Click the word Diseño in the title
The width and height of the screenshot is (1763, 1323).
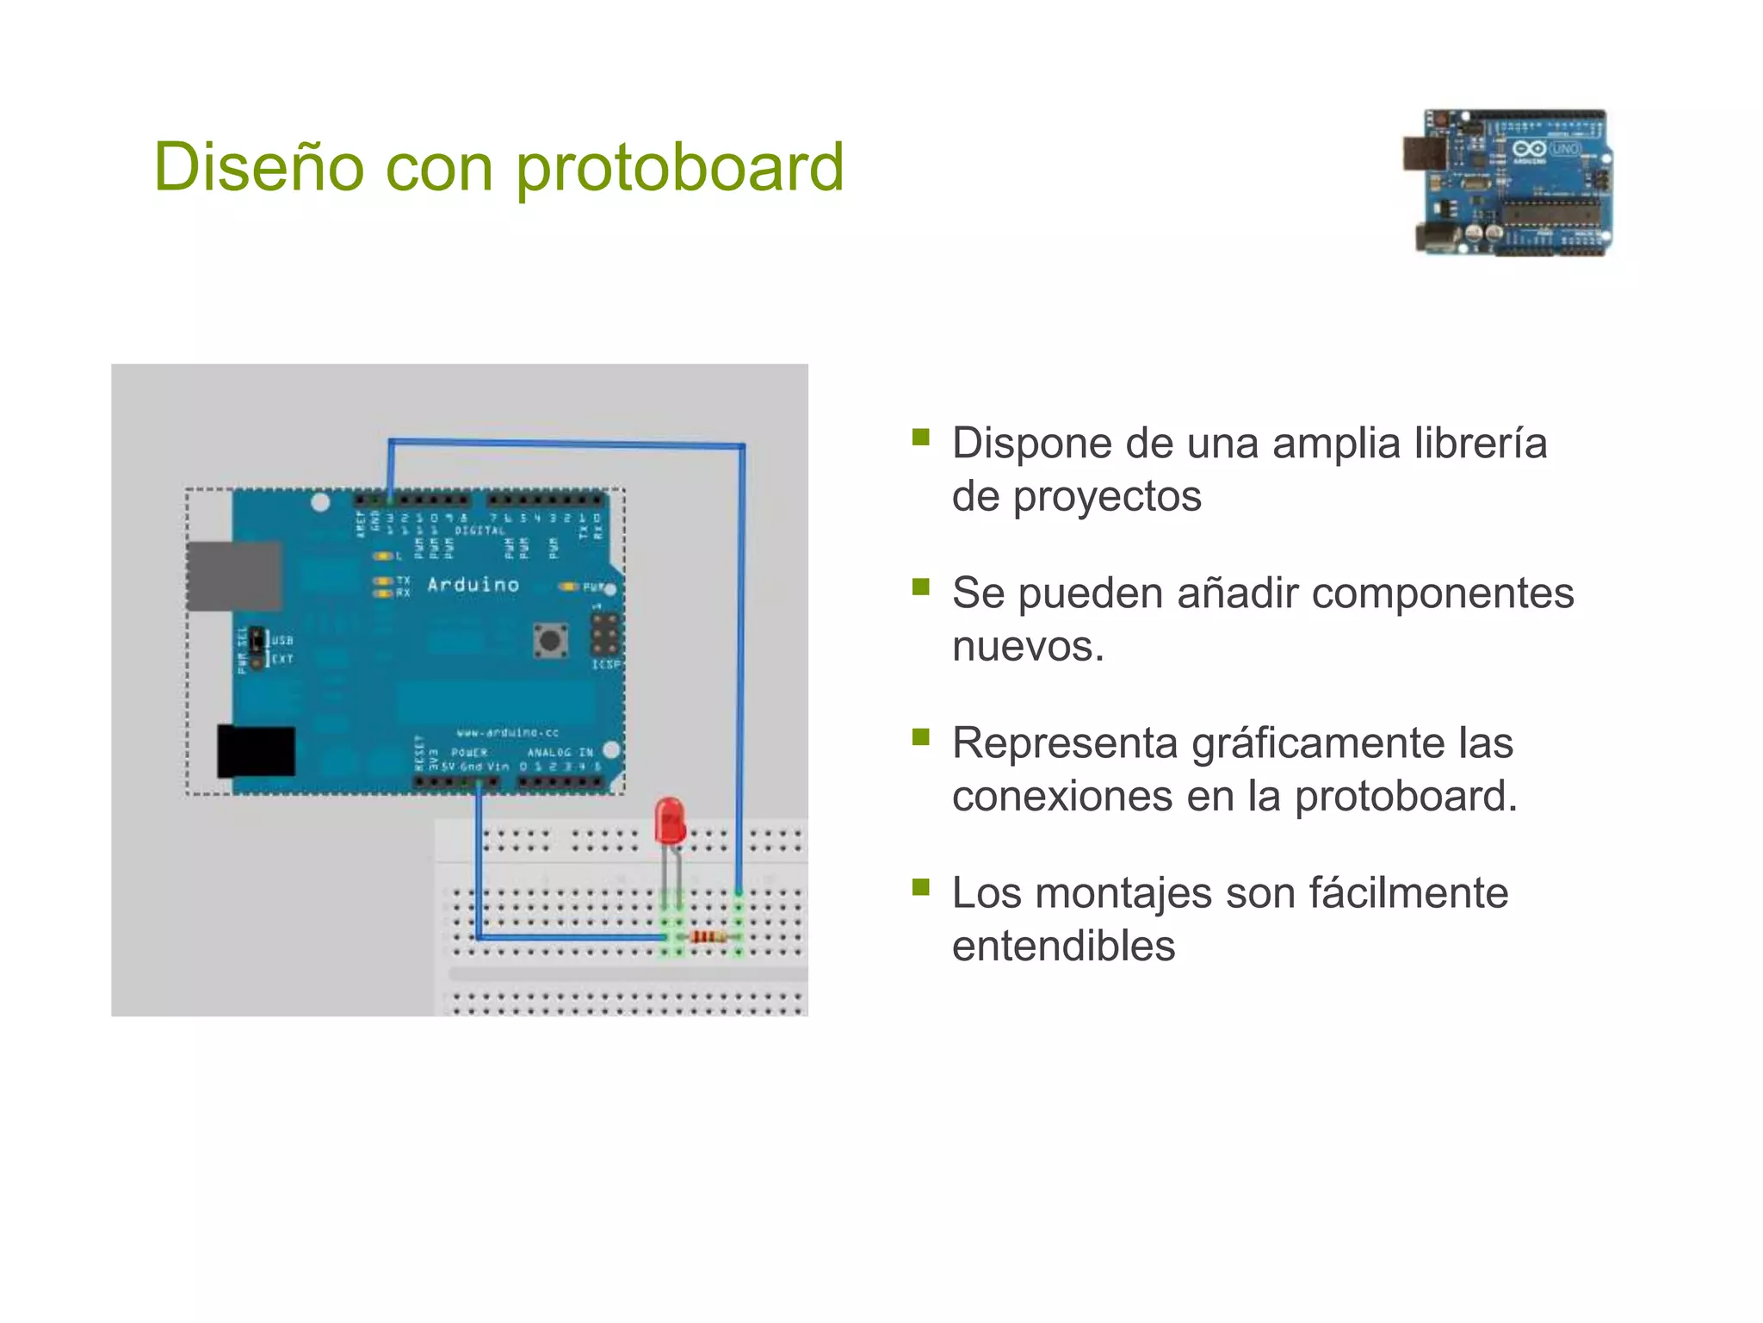258,167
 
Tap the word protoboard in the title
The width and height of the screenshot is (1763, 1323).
680,167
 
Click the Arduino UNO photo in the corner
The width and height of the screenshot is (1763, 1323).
1508,183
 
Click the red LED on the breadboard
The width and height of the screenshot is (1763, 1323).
670,821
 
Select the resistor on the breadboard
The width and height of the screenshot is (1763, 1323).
707,936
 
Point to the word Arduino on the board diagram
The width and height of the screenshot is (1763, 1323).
473,585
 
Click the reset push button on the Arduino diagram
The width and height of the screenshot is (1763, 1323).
550,641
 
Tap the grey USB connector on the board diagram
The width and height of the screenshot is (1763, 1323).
234,575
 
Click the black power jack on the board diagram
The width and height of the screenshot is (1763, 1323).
257,751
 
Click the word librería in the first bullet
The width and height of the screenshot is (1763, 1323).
1480,444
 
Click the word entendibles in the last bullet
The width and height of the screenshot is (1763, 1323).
1063,946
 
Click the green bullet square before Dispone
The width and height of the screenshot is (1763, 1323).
921,437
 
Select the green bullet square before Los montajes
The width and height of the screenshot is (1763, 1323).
921,886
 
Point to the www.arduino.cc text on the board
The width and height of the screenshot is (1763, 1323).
507,732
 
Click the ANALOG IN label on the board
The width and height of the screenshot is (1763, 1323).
560,753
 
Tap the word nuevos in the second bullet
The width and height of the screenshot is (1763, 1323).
1028,646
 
